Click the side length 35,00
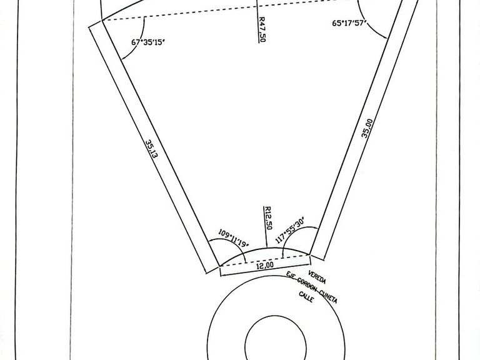click(367, 129)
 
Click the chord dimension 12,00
click(265, 266)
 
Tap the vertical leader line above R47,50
click(259, 7)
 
